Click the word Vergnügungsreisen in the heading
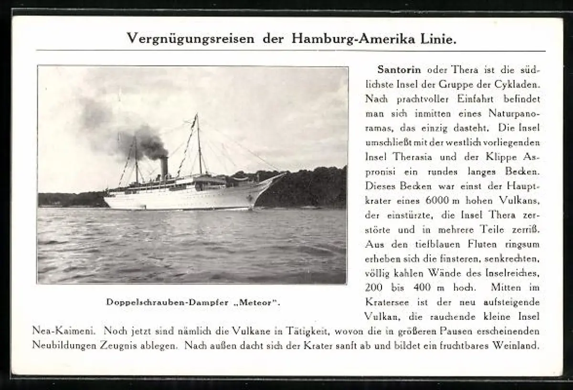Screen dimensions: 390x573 pos(191,39)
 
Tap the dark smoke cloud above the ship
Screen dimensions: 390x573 pos(143,141)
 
